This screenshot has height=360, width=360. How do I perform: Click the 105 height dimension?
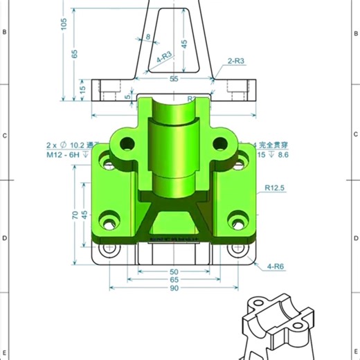click(64, 24)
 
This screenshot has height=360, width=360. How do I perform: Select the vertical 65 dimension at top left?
click(75, 53)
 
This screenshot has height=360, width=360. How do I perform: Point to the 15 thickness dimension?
click(82, 89)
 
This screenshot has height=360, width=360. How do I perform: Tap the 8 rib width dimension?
click(147, 36)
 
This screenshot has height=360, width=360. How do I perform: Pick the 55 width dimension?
click(174, 79)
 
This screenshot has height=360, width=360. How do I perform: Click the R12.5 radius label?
click(275, 187)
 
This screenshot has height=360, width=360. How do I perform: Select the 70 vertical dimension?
click(75, 215)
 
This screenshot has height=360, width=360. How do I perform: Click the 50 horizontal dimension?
click(174, 272)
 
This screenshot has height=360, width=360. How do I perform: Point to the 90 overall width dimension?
click(174, 289)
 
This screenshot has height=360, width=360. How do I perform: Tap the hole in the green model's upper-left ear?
click(126, 144)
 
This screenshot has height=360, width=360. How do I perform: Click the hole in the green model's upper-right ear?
click(221, 144)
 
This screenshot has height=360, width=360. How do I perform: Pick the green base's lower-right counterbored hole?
click(238, 221)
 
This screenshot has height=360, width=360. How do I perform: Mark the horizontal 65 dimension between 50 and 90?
click(174, 280)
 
